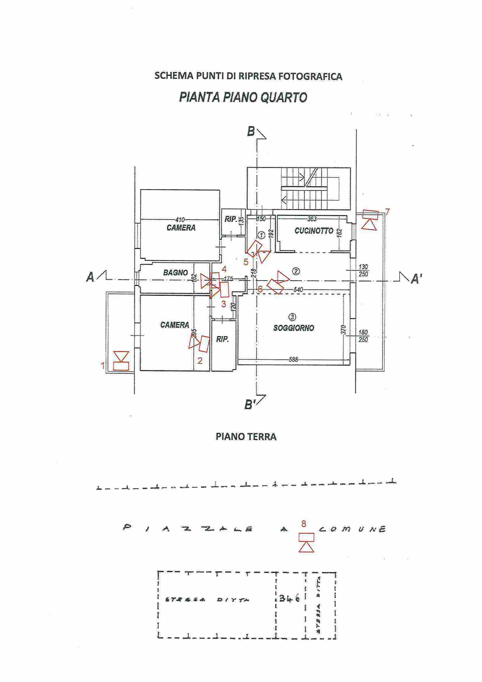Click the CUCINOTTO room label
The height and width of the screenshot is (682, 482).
click(314, 231)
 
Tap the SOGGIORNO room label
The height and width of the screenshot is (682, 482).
click(294, 328)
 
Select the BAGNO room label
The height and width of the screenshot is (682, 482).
click(175, 272)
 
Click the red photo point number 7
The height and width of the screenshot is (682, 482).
click(387, 212)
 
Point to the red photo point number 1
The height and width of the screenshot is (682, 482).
click(103, 365)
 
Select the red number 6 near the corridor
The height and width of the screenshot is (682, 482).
click(260, 289)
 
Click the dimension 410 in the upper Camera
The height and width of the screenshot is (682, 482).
click(180, 220)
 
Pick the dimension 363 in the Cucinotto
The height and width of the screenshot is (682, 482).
click(312, 219)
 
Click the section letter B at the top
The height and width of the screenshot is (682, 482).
click(251, 132)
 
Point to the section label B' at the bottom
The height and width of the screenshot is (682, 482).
click(250, 405)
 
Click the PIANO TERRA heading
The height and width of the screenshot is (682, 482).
click(246, 437)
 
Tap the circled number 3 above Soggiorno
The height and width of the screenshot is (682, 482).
click(292, 317)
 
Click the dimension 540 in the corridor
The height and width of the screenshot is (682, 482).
click(298, 289)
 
